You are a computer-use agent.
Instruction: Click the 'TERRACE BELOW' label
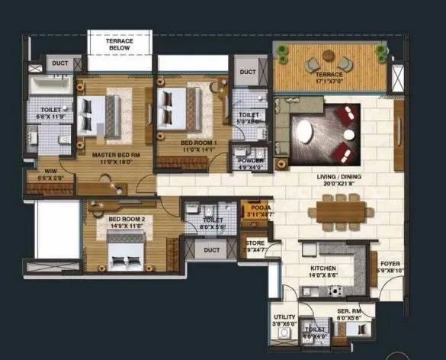click(119, 43)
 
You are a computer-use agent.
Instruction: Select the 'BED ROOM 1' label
click(198, 143)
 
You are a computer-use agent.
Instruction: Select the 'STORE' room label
click(255, 244)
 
